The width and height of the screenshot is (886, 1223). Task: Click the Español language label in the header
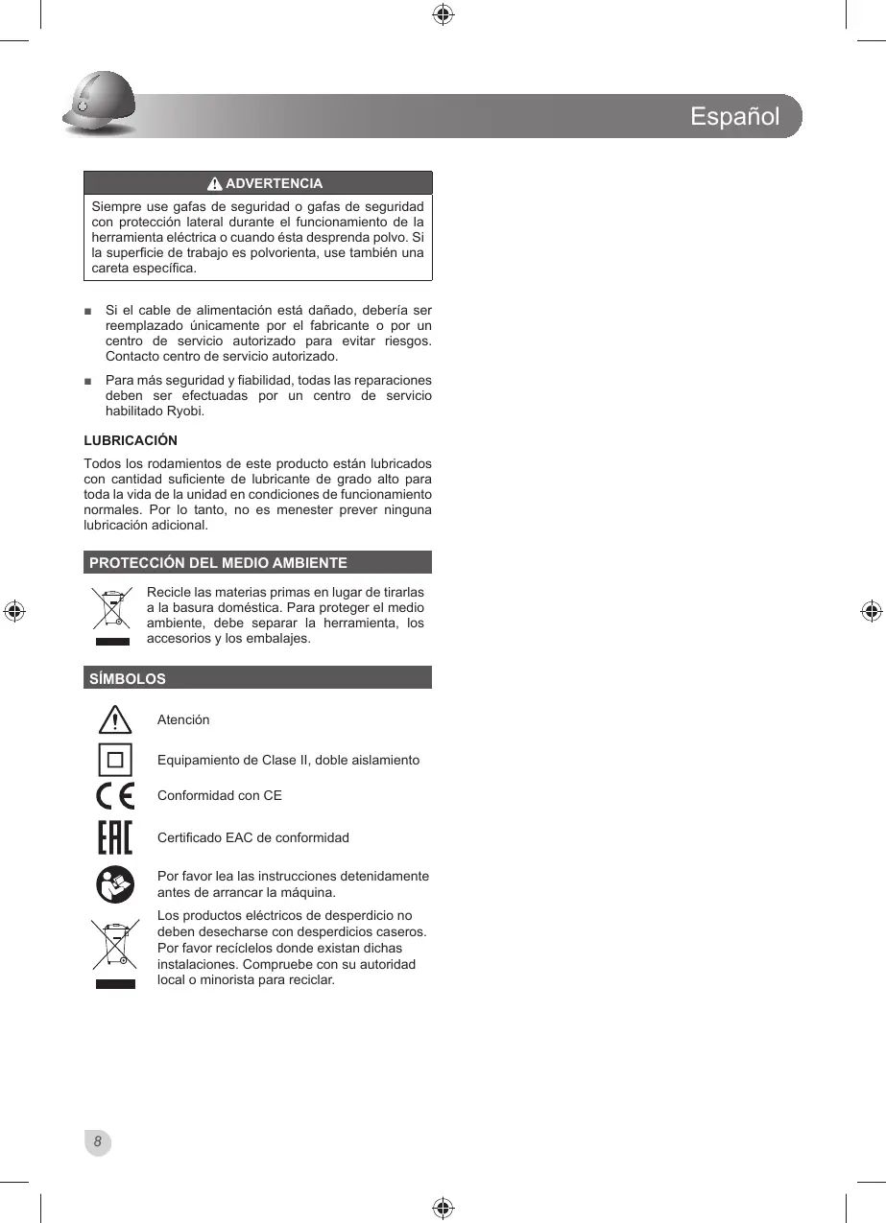point(734,117)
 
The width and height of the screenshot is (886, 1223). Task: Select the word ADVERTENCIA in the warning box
point(274,183)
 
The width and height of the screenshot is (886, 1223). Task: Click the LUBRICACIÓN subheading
point(131,440)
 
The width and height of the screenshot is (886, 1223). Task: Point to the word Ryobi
point(185,412)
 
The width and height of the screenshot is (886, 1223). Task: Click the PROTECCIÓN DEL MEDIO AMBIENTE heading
point(218,563)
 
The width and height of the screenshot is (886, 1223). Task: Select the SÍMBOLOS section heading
point(128,678)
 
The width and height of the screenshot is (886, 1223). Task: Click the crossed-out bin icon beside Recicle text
point(112,613)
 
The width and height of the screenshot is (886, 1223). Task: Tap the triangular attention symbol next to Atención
point(115,719)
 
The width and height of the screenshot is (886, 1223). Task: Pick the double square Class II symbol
point(115,760)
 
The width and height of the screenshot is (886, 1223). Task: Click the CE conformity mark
point(115,796)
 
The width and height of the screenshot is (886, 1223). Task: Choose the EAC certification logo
point(115,837)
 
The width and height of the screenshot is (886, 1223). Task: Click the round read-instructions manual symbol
point(115,884)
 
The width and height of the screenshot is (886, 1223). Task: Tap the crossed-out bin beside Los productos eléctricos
point(115,951)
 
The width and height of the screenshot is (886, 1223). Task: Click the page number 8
point(97,1141)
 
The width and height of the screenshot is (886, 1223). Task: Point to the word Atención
point(183,719)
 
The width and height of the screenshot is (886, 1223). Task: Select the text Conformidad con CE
point(220,795)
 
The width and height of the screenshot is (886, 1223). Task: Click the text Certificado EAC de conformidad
point(253,837)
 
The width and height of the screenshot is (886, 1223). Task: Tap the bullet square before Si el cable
point(88,311)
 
